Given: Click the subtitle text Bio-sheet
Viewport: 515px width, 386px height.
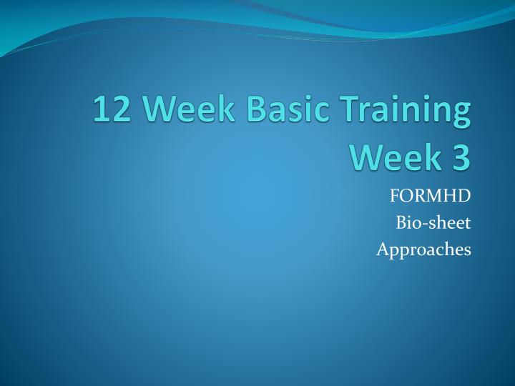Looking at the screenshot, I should pyautogui.click(x=433, y=223).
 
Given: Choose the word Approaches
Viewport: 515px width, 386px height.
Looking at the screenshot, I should pyautogui.click(x=423, y=250).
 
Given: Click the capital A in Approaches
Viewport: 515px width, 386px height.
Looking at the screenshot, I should pyautogui.click(x=382, y=249).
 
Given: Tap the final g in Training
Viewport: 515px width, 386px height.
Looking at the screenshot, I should pyautogui.click(x=461, y=116).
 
